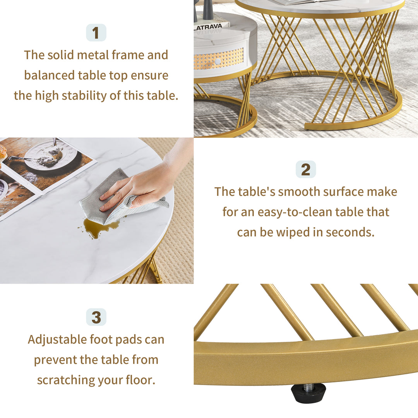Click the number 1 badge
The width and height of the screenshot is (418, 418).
pyautogui.click(x=96, y=33)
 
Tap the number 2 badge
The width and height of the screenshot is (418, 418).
pyautogui.click(x=306, y=170)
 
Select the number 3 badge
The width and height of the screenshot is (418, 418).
pyautogui.click(x=96, y=317)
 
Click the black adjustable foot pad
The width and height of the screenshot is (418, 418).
pyautogui.click(x=308, y=395)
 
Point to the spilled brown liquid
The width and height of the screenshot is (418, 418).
pyautogui.click(x=97, y=228)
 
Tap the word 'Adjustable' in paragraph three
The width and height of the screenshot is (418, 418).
pyautogui.click(x=57, y=339)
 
